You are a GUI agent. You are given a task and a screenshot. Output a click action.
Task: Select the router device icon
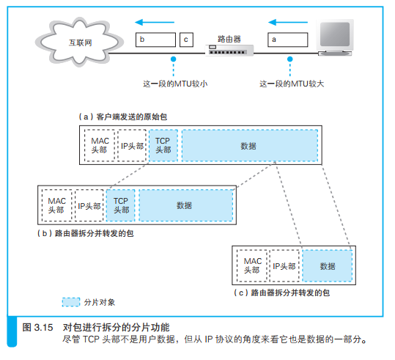[230, 50]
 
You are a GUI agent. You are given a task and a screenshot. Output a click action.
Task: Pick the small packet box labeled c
[187, 38]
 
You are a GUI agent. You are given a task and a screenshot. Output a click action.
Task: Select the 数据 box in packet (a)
[248, 145]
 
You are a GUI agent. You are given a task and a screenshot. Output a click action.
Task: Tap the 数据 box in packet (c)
[327, 265]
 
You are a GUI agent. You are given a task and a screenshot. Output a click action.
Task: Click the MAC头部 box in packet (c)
[252, 265]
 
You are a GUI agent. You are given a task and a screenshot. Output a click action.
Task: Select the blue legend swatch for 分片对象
[71, 301]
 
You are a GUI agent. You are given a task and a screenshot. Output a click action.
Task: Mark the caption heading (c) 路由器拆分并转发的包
[280, 292]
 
